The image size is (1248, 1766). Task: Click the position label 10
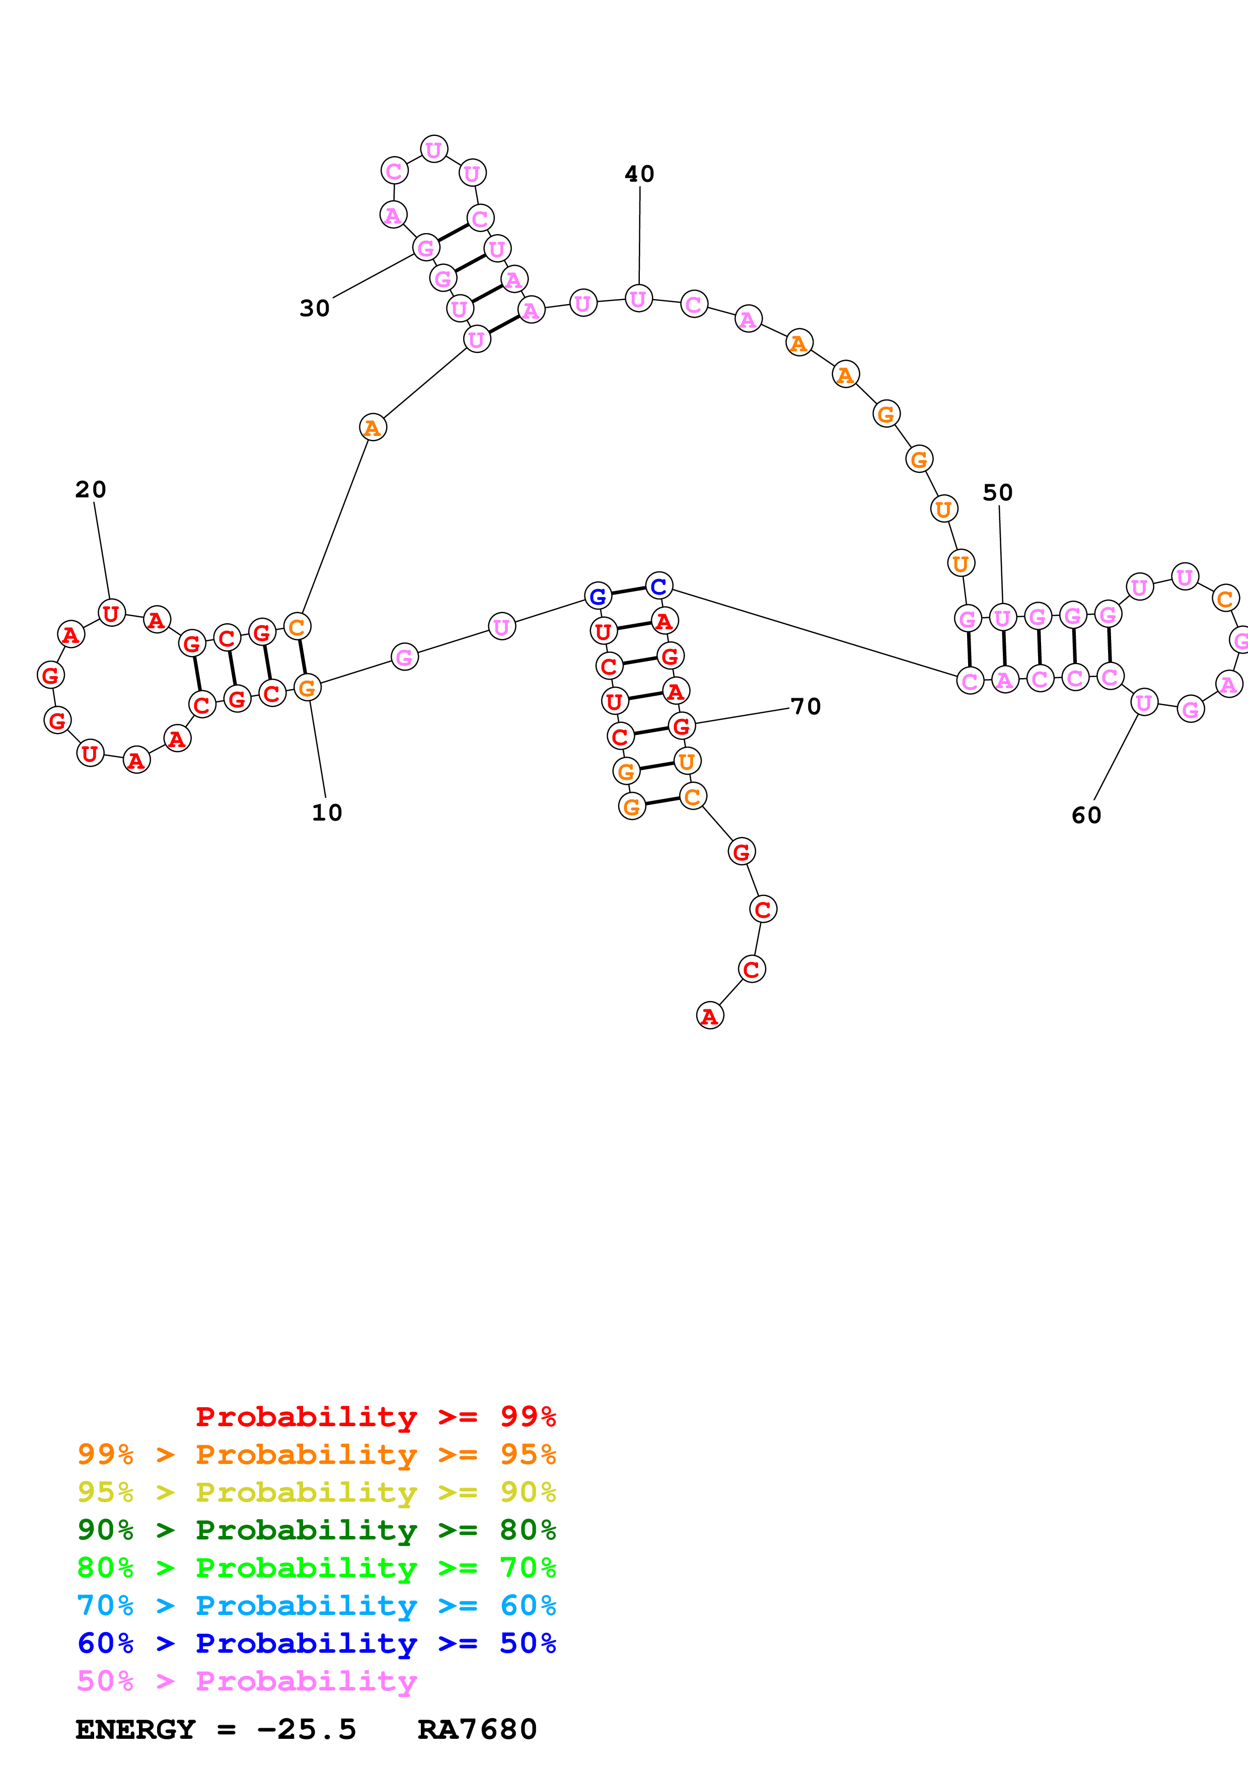click(x=327, y=812)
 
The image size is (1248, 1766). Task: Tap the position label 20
click(x=91, y=489)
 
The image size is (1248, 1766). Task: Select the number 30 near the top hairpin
click(x=315, y=309)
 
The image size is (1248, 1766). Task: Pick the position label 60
click(x=1086, y=816)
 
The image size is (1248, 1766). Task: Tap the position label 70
click(x=806, y=706)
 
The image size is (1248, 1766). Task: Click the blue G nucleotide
click(x=598, y=596)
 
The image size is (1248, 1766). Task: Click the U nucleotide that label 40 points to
click(x=638, y=299)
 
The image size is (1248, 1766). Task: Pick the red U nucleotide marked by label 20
click(x=111, y=613)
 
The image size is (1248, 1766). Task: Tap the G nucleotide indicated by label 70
click(x=681, y=725)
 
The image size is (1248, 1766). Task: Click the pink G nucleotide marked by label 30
click(x=425, y=248)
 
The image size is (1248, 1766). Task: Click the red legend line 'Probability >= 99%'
click(x=375, y=1417)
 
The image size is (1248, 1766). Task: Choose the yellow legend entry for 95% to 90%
click(x=317, y=1492)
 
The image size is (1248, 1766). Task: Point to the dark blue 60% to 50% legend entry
click(x=317, y=1643)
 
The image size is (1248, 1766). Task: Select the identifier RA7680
click(x=477, y=1729)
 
